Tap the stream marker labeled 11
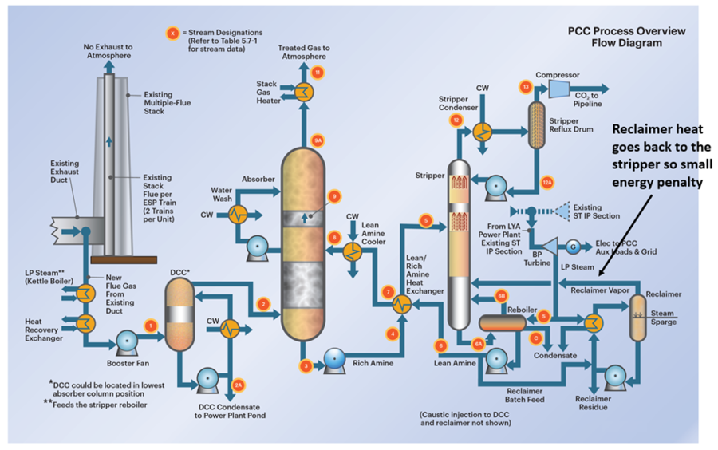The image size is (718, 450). (x=318, y=73)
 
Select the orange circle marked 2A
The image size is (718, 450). (x=239, y=384)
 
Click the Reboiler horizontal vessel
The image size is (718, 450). (x=503, y=321)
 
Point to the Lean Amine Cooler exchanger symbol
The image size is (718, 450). (x=352, y=251)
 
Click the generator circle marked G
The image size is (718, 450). (x=573, y=244)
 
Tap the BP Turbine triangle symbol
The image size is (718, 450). (x=547, y=243)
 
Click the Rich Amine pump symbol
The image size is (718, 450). (x=331, y=361)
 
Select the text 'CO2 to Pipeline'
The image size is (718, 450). (x=592, y=99)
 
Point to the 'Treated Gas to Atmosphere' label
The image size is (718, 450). (x=303, y=53)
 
